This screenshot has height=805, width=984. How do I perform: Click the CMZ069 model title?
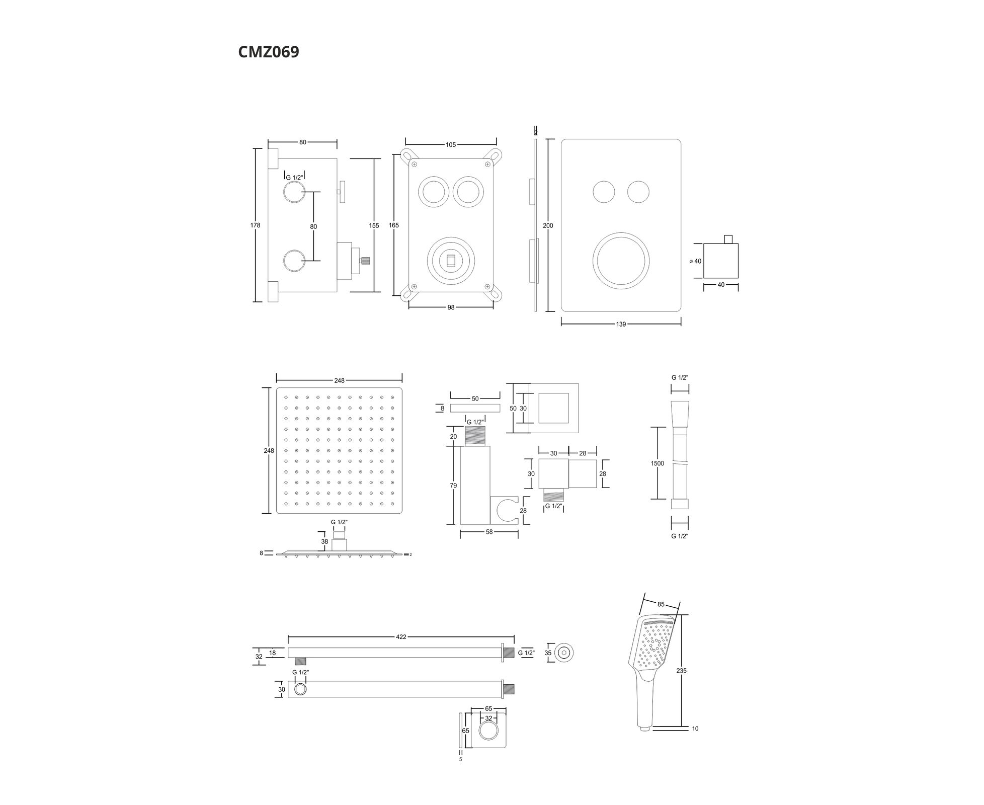[269, 52]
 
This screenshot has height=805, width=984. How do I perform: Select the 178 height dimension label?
[256, 225]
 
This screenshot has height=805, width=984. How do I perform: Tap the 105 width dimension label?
[451, 145]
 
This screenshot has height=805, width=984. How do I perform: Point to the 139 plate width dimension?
[621, 325]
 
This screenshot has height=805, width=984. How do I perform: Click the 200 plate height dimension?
[548, 226]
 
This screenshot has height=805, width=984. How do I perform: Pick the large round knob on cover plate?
[621, 261]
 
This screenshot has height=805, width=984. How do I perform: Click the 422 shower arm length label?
[401, 637]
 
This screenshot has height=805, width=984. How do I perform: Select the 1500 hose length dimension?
[657, 463]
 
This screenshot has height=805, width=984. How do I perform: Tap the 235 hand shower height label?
[682, 671]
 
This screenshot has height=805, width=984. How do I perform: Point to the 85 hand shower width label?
[661, 604]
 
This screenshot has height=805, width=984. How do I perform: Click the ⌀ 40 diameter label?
[695, 261]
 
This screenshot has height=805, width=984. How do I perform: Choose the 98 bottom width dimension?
[451, 307]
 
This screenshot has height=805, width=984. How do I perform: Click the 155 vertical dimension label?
[374, 226]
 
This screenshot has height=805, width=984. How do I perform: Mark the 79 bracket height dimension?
[453, 486]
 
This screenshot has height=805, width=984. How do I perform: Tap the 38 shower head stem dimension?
[325, 542]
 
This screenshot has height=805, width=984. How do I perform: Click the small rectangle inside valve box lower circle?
[451, 260]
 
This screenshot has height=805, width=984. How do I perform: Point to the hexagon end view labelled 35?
[566, 653]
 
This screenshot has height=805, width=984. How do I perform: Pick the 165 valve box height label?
[394, 225]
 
